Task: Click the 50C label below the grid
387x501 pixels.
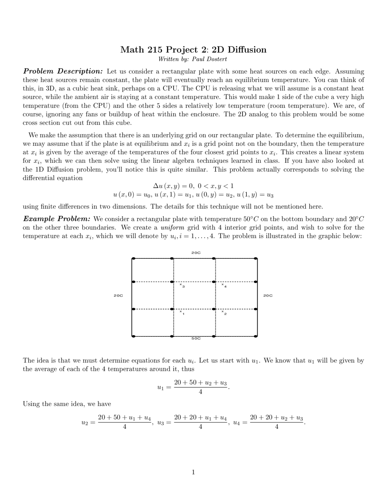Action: point(196,338)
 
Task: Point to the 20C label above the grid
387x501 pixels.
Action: point(196,253)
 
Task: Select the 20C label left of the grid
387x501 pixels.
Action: point(118,295)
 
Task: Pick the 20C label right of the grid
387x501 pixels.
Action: point(268,295)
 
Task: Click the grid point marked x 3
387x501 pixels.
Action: point(181,284)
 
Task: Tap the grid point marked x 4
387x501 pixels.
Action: point(223,284)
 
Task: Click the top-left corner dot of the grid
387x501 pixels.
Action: point(133,258)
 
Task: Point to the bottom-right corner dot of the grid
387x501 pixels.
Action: point(256,336)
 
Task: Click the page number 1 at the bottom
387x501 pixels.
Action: point(193,472)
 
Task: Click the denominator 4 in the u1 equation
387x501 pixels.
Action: point(200,392)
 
